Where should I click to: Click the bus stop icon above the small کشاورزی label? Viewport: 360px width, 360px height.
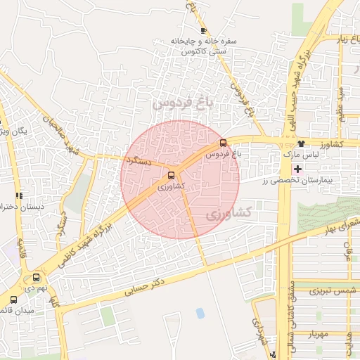pos(172,175)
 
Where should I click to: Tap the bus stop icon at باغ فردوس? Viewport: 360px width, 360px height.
pos(224,143)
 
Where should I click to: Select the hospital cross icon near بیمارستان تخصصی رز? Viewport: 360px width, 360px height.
pos(297,169)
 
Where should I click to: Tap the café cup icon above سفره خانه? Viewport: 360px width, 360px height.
pos(203,30)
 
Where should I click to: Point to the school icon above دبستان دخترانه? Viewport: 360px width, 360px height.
pos(19,195)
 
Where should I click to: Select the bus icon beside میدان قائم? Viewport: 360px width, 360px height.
pos(13,300)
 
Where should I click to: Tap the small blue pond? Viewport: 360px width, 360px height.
pos(200,312)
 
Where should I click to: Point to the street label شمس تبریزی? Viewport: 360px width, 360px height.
pos(325,290)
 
